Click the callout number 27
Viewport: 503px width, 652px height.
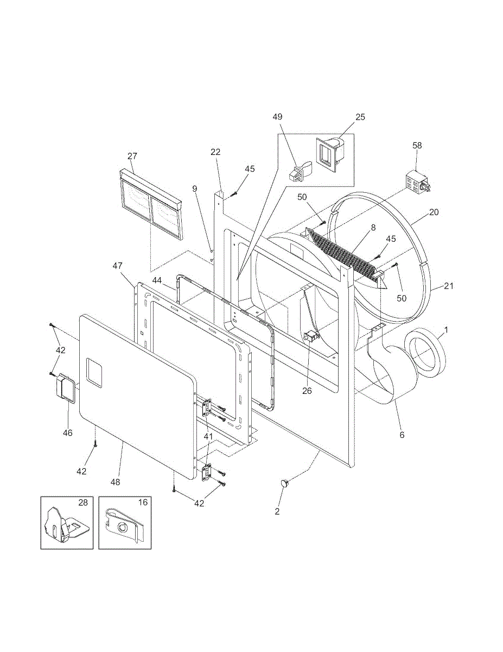132,156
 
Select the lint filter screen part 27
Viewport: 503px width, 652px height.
151,205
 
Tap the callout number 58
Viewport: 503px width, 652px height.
417,146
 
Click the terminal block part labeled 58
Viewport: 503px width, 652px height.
417,183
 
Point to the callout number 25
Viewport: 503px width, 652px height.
360,117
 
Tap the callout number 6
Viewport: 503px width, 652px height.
402,435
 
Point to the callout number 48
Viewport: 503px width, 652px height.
115,481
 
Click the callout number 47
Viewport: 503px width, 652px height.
117,266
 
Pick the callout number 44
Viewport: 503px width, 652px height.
157,280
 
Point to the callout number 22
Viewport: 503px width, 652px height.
216,152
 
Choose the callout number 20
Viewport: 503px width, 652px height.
434,212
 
